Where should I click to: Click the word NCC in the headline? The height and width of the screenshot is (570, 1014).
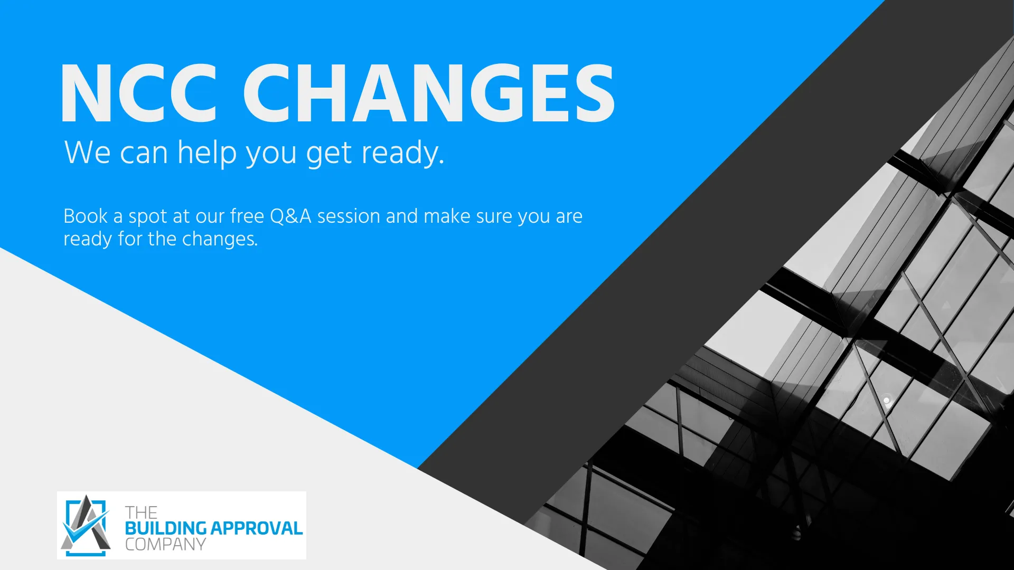[139, 93]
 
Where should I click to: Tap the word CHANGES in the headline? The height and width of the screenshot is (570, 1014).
[429, 93]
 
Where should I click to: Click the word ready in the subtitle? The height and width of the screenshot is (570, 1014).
[403, 154]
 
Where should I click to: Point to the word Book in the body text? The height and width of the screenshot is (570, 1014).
[86, 216]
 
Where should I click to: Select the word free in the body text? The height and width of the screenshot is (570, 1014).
[247, 216]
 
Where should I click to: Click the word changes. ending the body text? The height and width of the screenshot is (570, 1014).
[220, 240]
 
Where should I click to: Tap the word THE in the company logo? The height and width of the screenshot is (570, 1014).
[141, 512]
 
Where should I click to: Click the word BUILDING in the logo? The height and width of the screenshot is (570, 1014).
[165, 528]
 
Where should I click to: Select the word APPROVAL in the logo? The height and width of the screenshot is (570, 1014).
[257, 528]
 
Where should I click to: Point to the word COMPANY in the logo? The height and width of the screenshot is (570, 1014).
[165, 544]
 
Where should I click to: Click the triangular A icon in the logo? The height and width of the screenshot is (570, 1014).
[86, 526]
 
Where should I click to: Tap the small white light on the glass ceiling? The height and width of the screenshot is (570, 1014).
[886, 401]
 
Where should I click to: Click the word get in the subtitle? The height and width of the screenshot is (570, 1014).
[328, 155]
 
